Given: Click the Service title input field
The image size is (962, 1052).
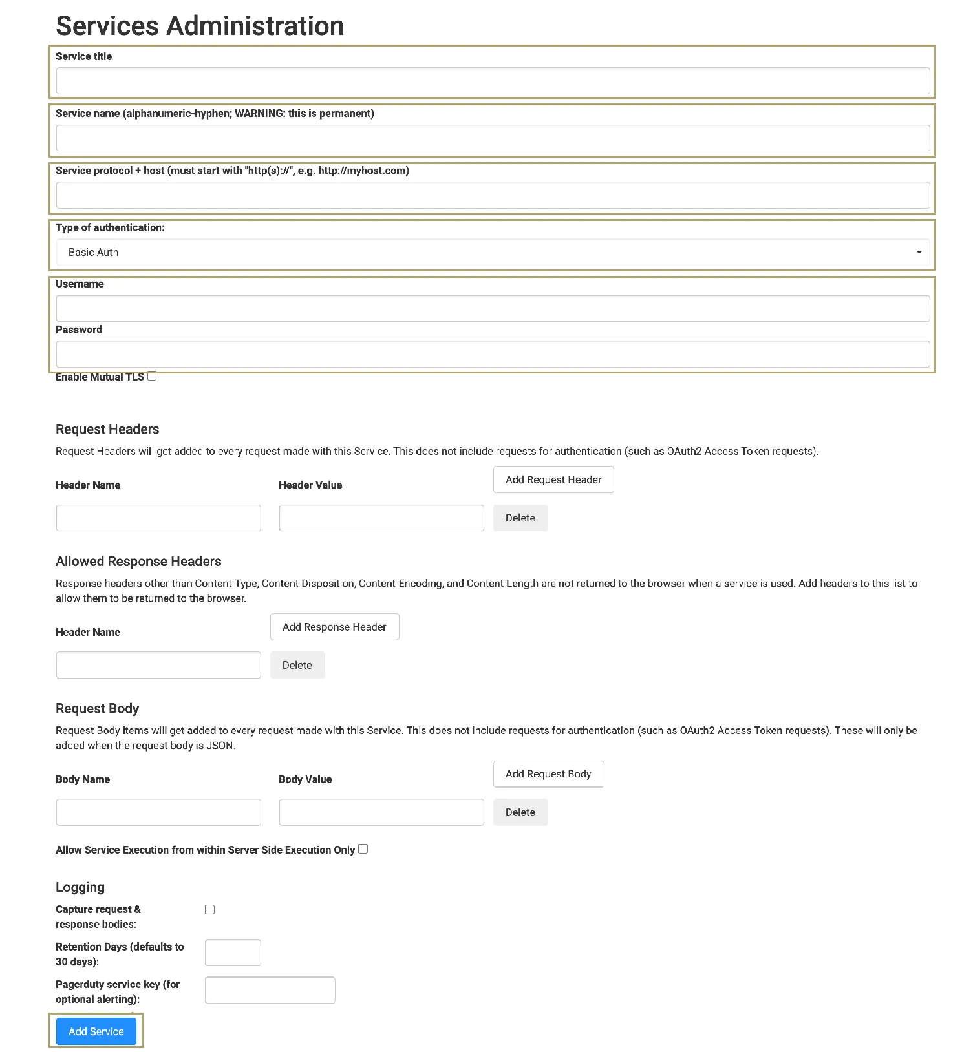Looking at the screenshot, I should (x=493, y=81).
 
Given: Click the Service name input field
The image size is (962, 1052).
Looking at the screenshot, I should (x=493, y=138).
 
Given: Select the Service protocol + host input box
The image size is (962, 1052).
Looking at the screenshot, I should (x=493, y=195).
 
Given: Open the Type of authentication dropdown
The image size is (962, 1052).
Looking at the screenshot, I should (x=493, y=252).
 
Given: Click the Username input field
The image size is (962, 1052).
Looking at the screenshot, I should (x=493, y=309).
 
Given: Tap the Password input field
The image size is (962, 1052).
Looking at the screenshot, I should (x=493, y=354).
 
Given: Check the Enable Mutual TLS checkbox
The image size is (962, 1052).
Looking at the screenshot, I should (x=152, y=376).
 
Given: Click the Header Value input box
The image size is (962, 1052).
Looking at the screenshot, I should (x=381, y=518).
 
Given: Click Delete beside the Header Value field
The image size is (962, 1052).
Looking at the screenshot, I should (x=520, y=518).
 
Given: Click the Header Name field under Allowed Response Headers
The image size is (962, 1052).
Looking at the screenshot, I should (x=158, y=665).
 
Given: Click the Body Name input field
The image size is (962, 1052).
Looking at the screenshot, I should (x=158, y=812).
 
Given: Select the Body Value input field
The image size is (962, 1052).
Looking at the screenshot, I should (x=381, y=812).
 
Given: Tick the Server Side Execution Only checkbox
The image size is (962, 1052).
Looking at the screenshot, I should (x=363, y=849).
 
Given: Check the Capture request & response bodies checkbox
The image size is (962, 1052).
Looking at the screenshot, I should (x=210, y=910).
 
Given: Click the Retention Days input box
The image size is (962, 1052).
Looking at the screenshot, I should (x=233, y=952).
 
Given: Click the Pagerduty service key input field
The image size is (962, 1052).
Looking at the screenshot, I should (x=270, y=990).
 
